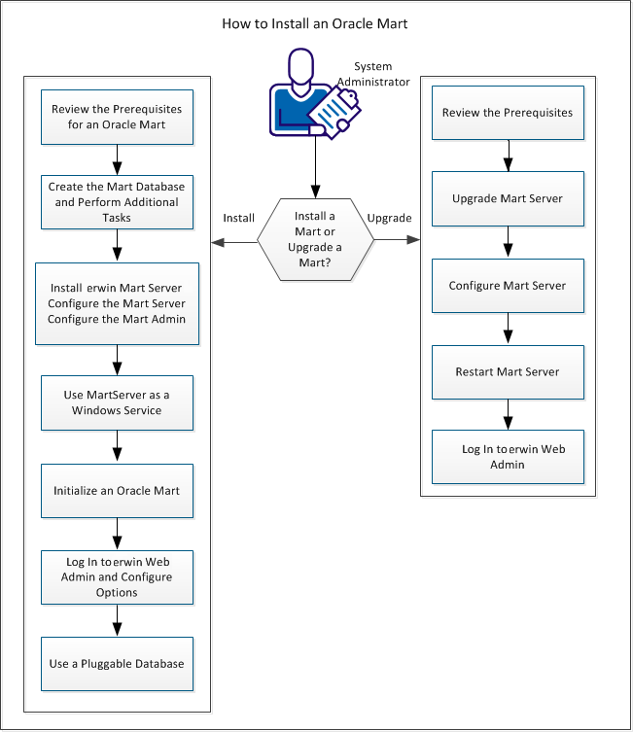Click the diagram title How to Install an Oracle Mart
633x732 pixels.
click(315, 22)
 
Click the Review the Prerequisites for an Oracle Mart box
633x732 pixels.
click(117, 117)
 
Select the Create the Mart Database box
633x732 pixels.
click(117, 199)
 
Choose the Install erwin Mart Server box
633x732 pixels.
click(117, 303)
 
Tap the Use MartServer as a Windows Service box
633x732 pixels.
click(117, 402)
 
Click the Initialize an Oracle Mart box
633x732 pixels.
click(117, 490)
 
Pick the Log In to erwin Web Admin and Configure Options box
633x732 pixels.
click(117, 576)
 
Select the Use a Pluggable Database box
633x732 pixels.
click(117, 663)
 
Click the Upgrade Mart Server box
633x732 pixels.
click(508, 199)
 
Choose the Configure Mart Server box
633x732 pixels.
click(508, 286)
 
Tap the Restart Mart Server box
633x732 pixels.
click(508, 372)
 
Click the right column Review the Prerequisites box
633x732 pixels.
click(508, 113)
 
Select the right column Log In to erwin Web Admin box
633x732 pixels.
click(508, 457)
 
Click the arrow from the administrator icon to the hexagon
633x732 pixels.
click(314, 170)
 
